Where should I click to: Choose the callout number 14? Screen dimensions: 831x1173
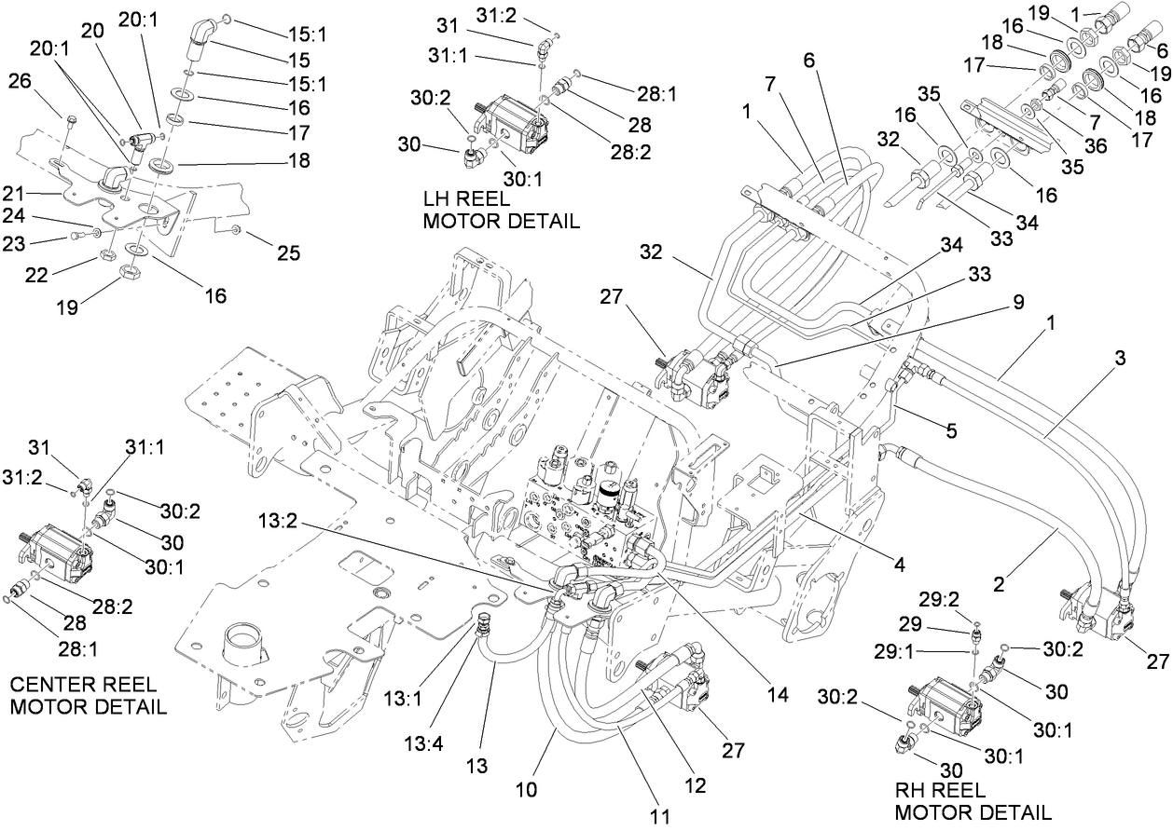[x=777, y=695]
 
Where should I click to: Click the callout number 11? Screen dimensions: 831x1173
[x=660, y=816]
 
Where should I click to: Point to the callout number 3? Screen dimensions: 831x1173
[x=1121, y=358]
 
